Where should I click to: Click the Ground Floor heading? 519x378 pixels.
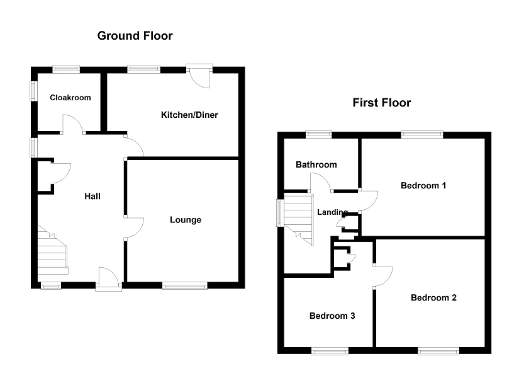point(135,36)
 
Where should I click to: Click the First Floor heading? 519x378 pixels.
point(381,103)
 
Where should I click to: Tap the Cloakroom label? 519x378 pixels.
point(70,98)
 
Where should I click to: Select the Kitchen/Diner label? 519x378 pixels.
point(189,115)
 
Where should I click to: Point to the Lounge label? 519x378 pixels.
point(186,220)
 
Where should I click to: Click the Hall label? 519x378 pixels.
point(92,197)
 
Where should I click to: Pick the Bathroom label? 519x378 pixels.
point(316,164)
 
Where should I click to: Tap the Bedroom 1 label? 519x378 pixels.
point(423,185)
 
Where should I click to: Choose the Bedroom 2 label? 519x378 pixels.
point(433,298)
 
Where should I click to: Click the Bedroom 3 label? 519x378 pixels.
point(332,316)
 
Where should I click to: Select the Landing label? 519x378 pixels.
point(332,212)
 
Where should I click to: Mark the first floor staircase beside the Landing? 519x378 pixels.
point(299,217)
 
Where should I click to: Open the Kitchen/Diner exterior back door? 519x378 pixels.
point(201,76)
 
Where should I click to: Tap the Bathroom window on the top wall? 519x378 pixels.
point(319,133)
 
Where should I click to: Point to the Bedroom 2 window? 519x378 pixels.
point(438,350)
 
